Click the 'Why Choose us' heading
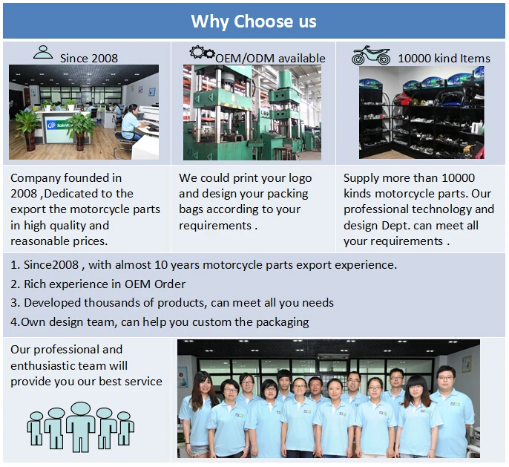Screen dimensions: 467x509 (x=254, y=22)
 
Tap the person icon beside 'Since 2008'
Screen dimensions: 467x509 (x=44, y=52)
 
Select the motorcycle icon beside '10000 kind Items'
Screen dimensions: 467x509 (x=370, y=55)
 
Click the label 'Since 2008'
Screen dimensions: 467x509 (x=88, y=58)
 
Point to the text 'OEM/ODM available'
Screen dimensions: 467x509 (x=270, y=58)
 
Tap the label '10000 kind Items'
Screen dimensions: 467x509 (x=444, y=58)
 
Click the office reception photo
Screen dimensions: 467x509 (x=84, y=111)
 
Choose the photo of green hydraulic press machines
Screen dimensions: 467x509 (x=252, y=111)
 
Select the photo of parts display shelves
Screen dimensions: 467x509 (x=421, y=111)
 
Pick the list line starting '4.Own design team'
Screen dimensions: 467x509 (x=160, y=322)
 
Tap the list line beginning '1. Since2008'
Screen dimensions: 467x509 (x=204, y=264)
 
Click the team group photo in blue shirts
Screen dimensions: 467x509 (x=328, y=399)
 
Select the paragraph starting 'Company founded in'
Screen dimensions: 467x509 (x=85, y=209)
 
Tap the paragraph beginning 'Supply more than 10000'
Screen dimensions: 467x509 (x=418, y=209)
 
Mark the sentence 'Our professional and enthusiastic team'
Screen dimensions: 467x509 (x=86, y=365)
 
